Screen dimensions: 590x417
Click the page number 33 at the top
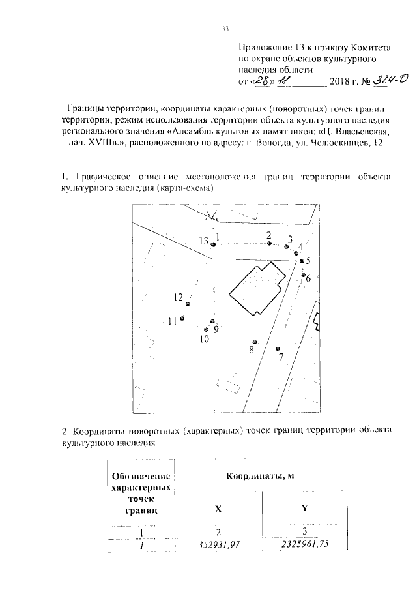pyautogui.click(x=225, y=29)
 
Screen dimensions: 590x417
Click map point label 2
pyautogui.click(x=268, y=235)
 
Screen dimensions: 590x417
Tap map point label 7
pyautogui.click(x=281, y=357)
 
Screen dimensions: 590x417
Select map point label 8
pyautogui.click(x=251, y=350)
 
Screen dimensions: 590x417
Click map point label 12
pyautogui.click(x=178, y=297)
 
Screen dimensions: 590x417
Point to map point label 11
pyautogui.click(x=172, y=321)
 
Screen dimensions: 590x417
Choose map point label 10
pyautogui.click(x=204, y=339)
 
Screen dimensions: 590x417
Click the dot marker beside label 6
pyautogui.click(x=304, y=274)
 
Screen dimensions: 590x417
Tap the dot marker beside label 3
pyautogui.click(x=286, y=247)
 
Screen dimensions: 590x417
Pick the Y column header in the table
pyautogui.click(x=304, y=510)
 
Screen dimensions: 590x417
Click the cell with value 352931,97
pyautogui.click(x=218, y=544)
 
